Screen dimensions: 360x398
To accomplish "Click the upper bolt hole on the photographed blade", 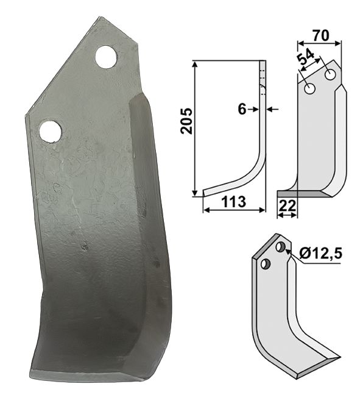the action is click(x=107, y=57).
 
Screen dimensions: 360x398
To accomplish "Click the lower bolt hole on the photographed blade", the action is click(x=50, y=131).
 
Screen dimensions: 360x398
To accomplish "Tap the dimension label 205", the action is click(x=187, y=121).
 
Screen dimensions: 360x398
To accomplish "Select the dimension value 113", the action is click(x=234, y=202).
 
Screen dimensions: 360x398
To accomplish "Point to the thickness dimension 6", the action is click(x=242, y=109).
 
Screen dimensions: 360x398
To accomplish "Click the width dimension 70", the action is click(x=320, y=35).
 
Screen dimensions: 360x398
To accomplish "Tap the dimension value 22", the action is click(x=287, y=206).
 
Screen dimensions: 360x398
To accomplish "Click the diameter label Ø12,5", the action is click(x=320, y=254).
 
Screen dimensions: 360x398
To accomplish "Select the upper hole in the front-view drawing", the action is click(x=330, y=75).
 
